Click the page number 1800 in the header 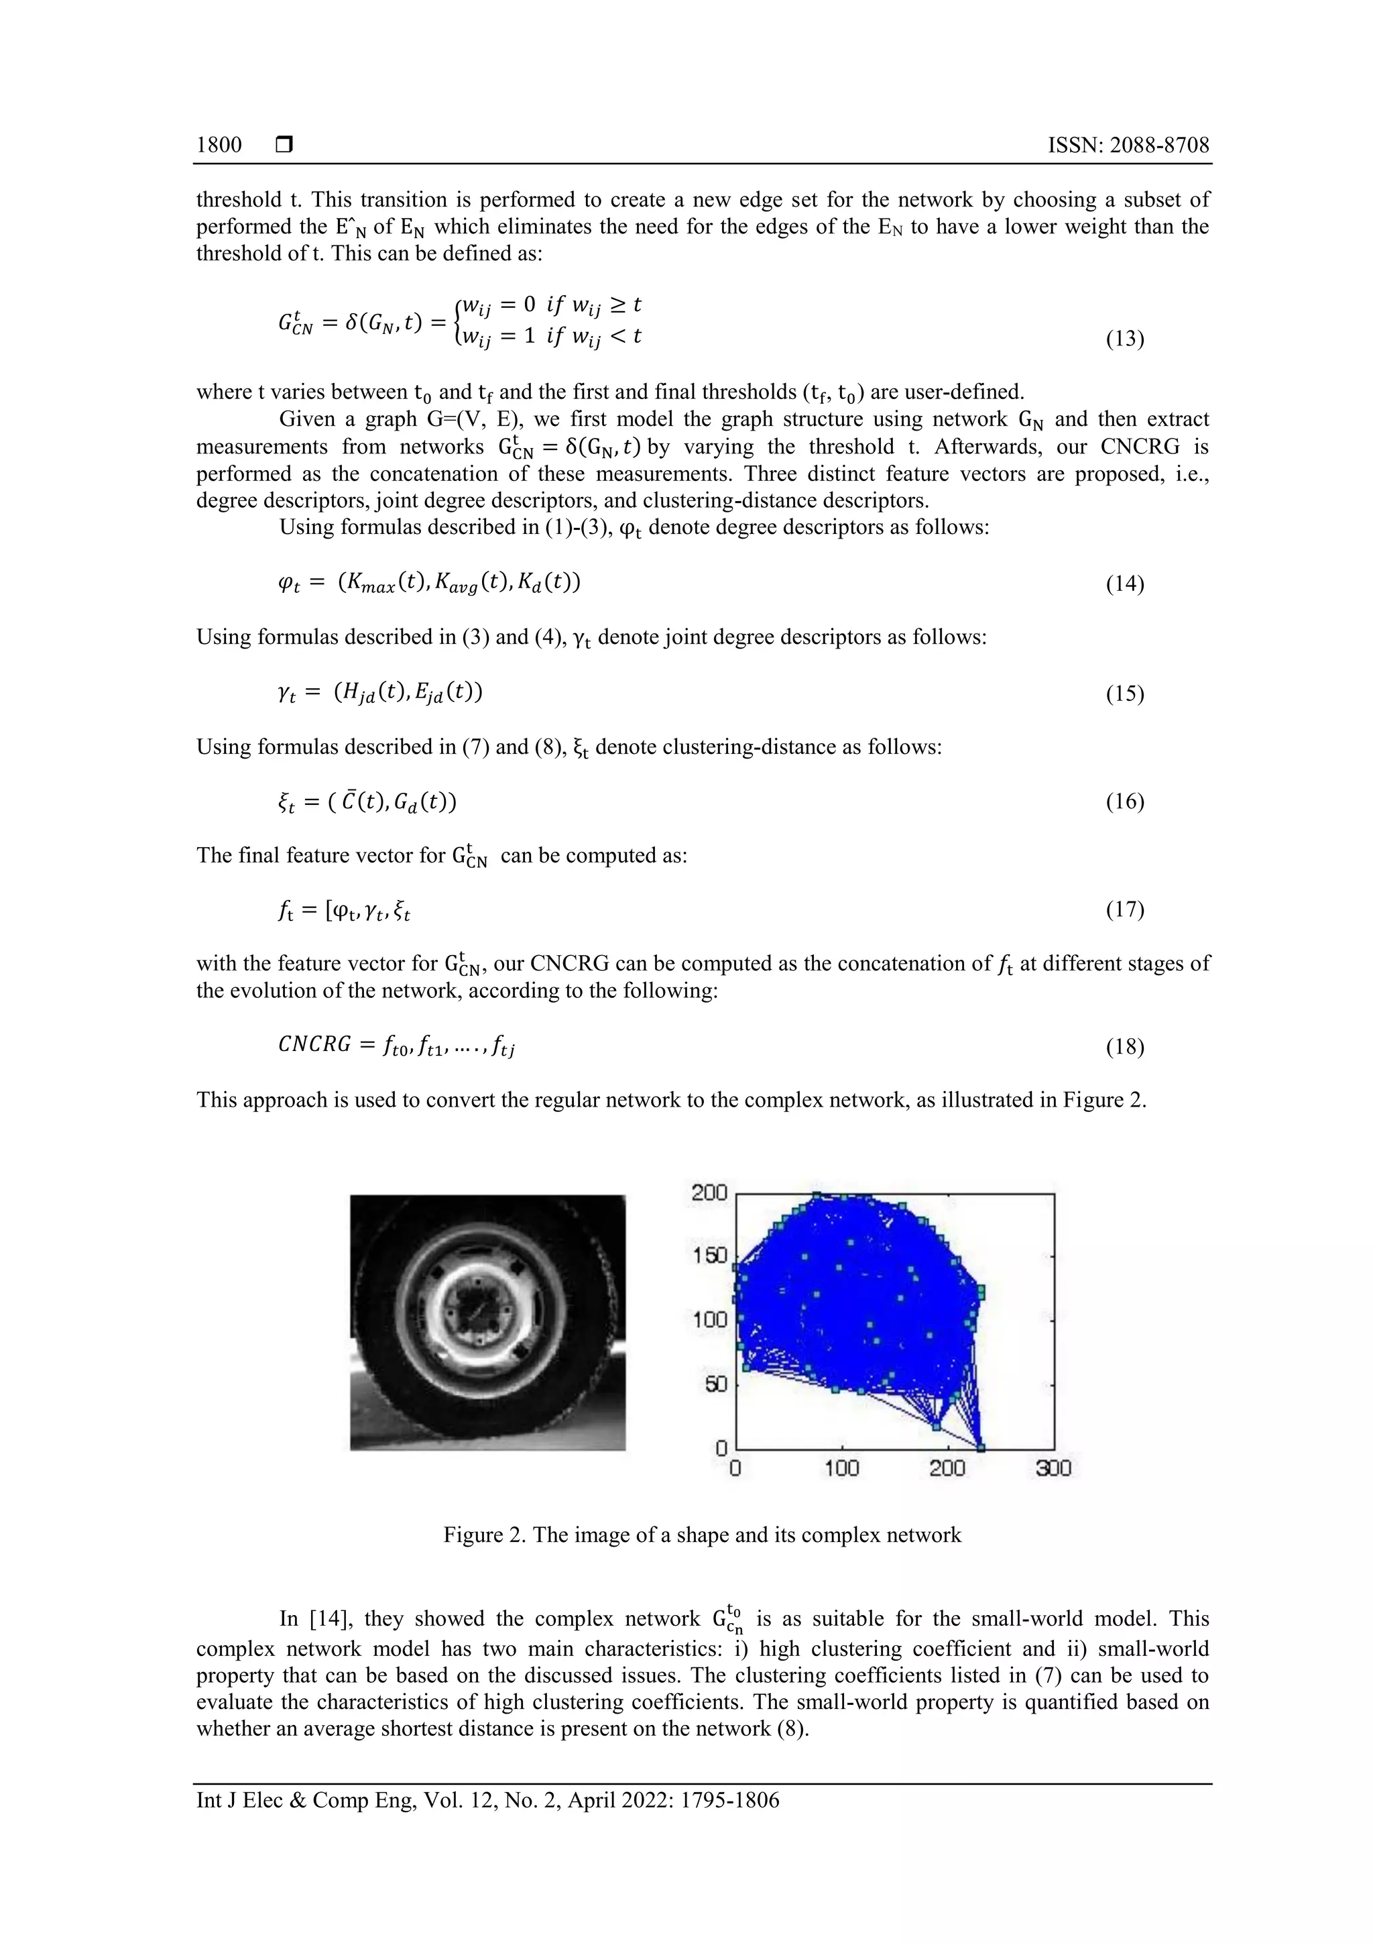click(219, 146)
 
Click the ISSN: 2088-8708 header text click(1128, 146)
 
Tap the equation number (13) click(1124, 339)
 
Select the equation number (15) click(1124, 694)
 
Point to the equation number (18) click(1124, 1048)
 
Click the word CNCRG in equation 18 click(314, 1044)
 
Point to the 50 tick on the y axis click(716, 1384)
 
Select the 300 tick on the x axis click(1053, 1468)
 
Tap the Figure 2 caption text click(702, 1535)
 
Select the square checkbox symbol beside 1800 click(284, 146)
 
